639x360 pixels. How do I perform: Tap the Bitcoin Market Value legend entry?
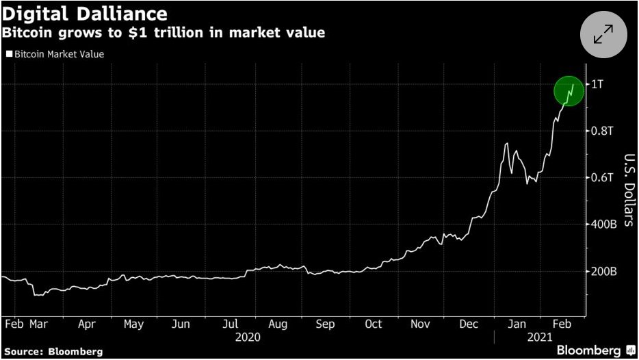point(55,54)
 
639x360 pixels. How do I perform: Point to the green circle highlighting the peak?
point(569,91)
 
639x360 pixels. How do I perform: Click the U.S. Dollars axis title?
point(627,190)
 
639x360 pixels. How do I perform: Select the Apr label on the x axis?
point(87,324)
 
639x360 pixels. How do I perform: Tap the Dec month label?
point(469,324)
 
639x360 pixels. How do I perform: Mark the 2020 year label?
point(248,337)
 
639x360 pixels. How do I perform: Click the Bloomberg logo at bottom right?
point(590,350)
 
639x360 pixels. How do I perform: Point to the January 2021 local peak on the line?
point(506,143)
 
